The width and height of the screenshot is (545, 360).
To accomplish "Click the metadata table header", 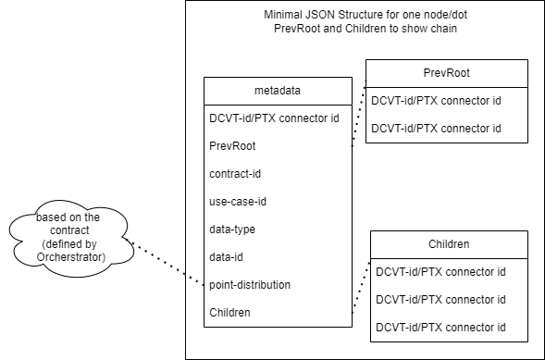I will coord(277,91).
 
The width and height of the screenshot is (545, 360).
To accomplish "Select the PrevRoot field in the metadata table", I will coord(232,145).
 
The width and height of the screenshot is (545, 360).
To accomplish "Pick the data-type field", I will coord(233,229).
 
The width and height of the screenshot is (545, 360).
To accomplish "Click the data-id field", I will coord(227,256).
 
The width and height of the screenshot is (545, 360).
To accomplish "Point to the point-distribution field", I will coord(251,284).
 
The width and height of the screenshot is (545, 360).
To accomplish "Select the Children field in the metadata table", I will coord(230,313).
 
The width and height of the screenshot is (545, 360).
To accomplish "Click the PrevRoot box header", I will coord(446,72).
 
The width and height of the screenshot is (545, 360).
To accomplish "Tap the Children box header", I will coord(449,244).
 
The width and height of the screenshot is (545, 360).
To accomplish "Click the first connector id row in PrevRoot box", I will coord(436,100).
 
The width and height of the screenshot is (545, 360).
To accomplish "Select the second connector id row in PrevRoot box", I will coord(436,128).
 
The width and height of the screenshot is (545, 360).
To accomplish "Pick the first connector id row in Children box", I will coord(440,272).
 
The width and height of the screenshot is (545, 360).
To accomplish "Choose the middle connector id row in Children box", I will coord(440,300).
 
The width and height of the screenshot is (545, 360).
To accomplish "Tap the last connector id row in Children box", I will coord(440,328).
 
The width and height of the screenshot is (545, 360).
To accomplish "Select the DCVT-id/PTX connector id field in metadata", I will coord(276,118).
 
